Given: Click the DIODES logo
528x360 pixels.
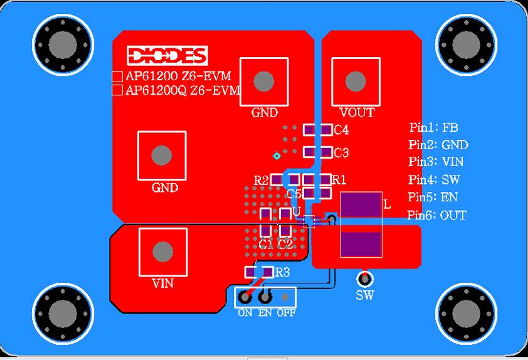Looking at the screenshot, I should [x=167, y=55].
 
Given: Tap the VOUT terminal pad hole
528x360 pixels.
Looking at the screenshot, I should [x=356, y=81].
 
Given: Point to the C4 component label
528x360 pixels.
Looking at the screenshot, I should [x=341, y=130].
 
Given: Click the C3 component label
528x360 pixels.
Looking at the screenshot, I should [x=341, y=153].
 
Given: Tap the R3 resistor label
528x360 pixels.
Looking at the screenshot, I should [x=283, y=272].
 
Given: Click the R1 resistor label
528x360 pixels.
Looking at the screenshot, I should [x=339, y=180].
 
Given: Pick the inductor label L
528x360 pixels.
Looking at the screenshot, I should [x=387, y=204].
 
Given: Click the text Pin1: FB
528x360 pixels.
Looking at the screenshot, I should [x=434, y=128].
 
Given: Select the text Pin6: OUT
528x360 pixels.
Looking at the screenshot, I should [x=437, y=215].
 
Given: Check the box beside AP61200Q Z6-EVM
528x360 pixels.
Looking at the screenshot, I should [x=117, y=90].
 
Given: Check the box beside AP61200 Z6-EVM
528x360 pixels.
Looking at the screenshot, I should [x=117, y=77].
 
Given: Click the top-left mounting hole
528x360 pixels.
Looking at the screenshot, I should [x=62, y=44].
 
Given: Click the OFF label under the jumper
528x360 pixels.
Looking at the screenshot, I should [x=287, y=312].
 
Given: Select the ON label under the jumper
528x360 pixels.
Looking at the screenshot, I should [x=245, y=312].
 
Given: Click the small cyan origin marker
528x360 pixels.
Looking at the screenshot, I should [x=276, y=156].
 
